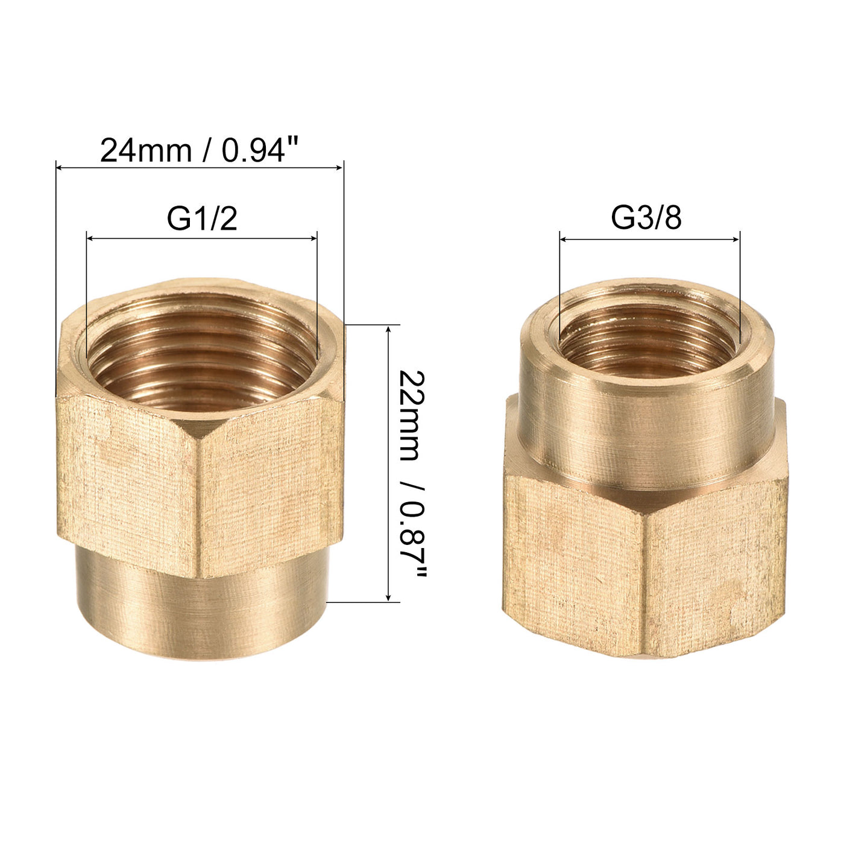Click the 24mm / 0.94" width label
(x=199, y=151)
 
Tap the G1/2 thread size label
(x=202, y=219)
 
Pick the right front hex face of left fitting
(x=271, y=482)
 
